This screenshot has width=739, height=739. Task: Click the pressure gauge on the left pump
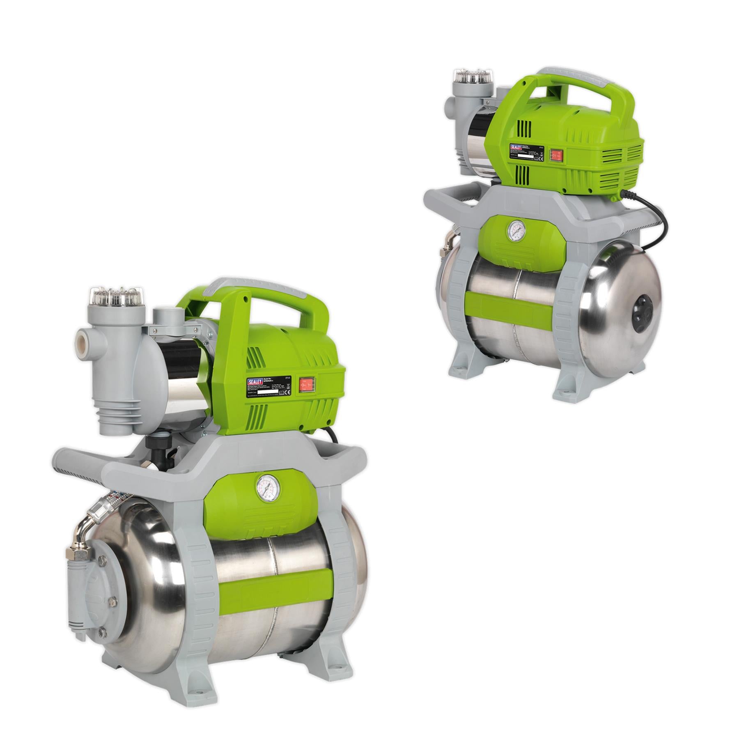pyautogui.click(x=266, y=487)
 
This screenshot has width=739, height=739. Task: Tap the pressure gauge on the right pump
pyautogui.click(x=516, y=231)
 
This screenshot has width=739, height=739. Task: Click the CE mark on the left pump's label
pyautogui.click(x=289, y=392)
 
